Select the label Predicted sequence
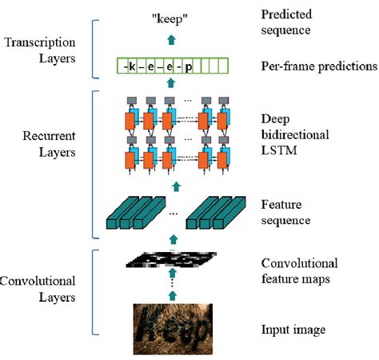point(291,22)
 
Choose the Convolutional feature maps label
point(300,270)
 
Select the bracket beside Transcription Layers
point(97,48)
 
